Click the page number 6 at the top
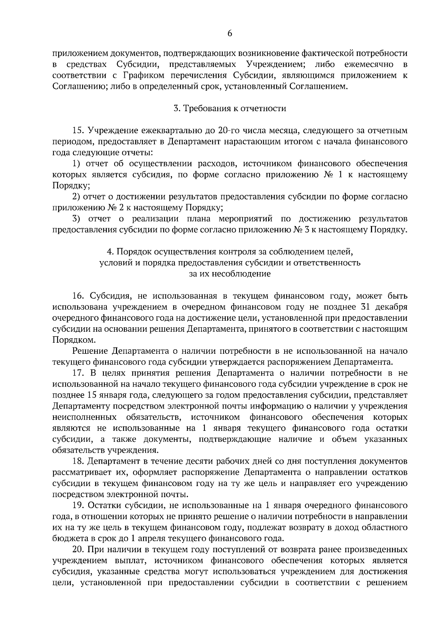(x=229, y=33)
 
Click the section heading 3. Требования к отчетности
(x=229, y=108)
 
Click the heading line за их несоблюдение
(x=230, y=274)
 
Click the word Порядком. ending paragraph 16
(x=74, y=340)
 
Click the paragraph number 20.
(x=79, y=550)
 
